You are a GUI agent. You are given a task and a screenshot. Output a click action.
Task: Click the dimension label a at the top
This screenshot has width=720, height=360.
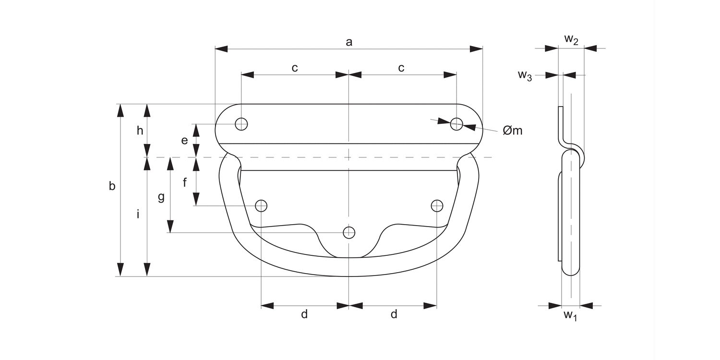tap(349, 42)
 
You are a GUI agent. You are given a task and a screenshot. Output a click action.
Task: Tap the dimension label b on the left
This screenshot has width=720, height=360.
tap(112, 186)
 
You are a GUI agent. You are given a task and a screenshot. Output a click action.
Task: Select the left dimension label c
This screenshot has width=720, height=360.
tap(295, 68)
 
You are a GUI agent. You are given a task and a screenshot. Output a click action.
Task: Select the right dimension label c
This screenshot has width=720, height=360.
tap(401, 68)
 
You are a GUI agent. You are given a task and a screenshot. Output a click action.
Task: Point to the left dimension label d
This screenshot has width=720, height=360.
tap(304, 314)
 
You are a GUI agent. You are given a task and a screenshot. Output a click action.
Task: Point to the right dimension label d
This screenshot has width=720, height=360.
tap(394, 314)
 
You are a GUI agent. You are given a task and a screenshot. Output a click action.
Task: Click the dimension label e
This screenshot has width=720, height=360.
tap(184, 141)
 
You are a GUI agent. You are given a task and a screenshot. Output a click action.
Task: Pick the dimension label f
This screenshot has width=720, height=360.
tap(185, 182)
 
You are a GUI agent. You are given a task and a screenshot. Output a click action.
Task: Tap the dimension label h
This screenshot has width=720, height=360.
tap(140, 131)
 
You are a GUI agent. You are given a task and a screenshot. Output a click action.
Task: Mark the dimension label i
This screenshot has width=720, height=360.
tap(138, 215)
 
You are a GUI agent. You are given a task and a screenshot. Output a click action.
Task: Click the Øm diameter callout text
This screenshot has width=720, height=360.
tap(512, 130)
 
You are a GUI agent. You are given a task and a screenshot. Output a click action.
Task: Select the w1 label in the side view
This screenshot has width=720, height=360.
tap(570, 315)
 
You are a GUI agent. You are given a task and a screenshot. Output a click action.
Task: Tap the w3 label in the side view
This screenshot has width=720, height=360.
tap(525, 75)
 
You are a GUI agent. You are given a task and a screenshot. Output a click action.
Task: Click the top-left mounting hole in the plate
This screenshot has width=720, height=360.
tap(241, 124)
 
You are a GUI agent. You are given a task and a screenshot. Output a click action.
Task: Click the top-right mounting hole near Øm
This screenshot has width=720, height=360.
tap(456, 124)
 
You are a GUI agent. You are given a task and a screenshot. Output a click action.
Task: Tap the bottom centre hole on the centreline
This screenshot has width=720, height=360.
tap(349, 233)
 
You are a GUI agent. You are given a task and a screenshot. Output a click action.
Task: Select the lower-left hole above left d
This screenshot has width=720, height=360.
tap(261, 206)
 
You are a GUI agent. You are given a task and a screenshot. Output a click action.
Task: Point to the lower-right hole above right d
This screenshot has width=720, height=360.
tap(437, 206)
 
